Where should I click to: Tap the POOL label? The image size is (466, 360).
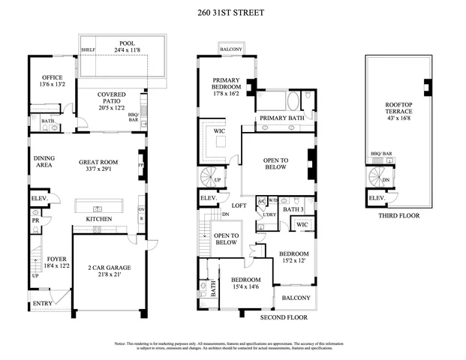(127, 44)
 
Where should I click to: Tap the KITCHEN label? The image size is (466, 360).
(99, 219)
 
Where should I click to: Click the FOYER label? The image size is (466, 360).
(56, 259)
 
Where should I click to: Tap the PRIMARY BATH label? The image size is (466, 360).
(281, 118)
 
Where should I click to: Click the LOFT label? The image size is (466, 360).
(239, 205)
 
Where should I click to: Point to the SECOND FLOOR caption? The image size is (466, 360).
(284, 317)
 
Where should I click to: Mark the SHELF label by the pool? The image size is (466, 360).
(88, 50)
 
